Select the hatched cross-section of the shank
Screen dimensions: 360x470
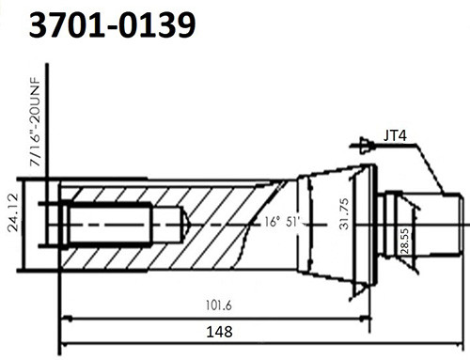[x=226, y=202]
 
